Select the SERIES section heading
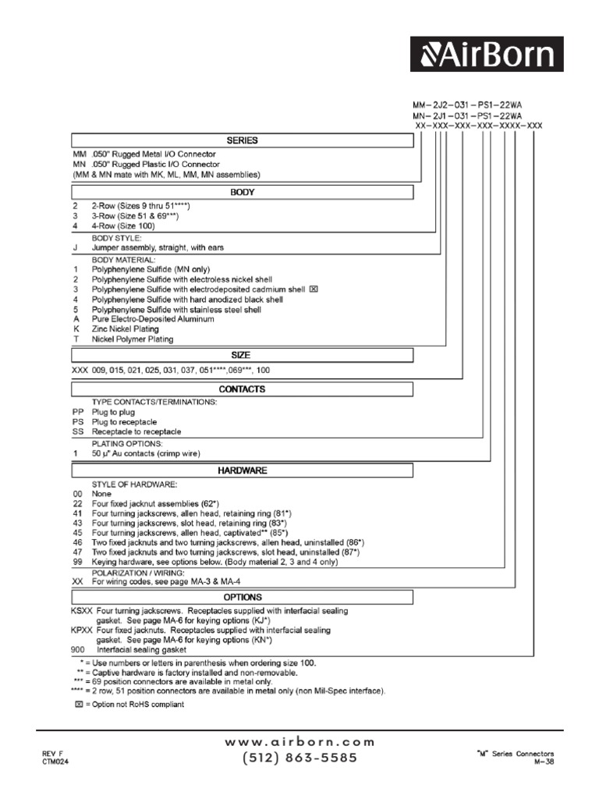click(242, 140)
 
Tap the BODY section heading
click(242, 192)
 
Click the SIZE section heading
click(242, 355)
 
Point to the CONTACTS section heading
click(242, 389)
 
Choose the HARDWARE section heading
click(242, 471)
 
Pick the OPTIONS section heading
click(242, 597)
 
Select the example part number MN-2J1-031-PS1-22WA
click(477, 114)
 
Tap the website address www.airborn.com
click(299, 742)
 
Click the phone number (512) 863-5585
click(299, 758)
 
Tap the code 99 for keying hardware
click(76, 560)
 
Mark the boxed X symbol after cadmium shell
click(314, 289)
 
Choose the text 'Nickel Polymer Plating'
click(133, 339)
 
